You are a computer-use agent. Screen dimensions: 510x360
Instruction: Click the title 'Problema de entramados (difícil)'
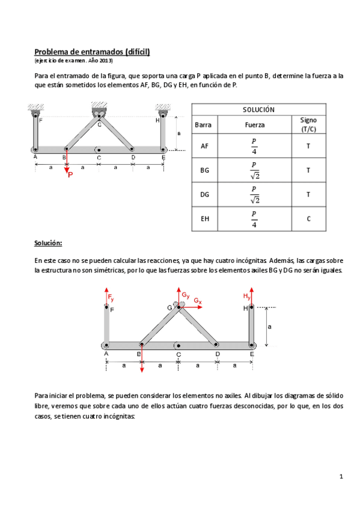[x=92, y=52]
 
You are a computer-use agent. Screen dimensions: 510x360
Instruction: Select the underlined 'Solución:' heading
[x=48, y=244]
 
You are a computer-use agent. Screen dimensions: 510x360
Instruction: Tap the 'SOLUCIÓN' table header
[x=258, y=109]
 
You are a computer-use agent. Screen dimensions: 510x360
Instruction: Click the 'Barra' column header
[x=204, y=125]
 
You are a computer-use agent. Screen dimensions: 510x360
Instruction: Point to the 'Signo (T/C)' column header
[x=308, y=125]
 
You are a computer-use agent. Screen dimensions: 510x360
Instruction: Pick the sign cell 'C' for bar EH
[x=308, y=219]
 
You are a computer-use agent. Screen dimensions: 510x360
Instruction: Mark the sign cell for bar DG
[x=308, y=195]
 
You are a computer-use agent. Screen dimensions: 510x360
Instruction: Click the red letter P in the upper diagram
[x=71, y=175]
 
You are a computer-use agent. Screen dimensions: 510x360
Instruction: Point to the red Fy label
[x=111, y=298]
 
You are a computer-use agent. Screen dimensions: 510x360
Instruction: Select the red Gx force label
[x=198, y=301]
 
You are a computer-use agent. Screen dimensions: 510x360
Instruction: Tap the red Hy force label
[x=246, y=296]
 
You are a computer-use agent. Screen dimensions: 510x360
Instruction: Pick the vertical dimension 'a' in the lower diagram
[x=270, y=327]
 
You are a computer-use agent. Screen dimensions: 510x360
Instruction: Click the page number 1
[x=341, y=477]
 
